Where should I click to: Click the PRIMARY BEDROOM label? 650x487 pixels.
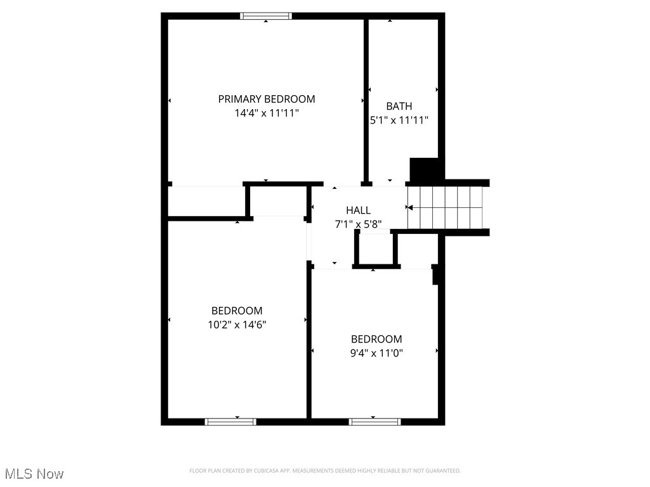(267, 99)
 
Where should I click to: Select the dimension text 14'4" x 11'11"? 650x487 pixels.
(267, 114)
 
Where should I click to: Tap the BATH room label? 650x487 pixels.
(399, 106)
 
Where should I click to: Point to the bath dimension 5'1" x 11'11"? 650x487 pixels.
(399, 120)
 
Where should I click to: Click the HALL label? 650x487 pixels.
(358, 211)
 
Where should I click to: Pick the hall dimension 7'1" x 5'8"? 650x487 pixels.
(358, 224)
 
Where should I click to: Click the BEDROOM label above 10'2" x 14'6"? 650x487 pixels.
(237, 311)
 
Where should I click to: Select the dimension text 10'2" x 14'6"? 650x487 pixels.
(237, 325)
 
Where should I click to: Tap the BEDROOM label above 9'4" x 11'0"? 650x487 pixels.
(376, 339)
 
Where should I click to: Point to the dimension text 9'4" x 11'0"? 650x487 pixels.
(376, 353)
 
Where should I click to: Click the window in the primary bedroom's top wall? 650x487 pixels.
(266, 16)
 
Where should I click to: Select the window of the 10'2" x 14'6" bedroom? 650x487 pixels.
(230, 421)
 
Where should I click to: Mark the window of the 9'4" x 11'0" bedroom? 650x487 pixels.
(375, 421)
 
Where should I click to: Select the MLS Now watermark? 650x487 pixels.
(34, 474)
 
